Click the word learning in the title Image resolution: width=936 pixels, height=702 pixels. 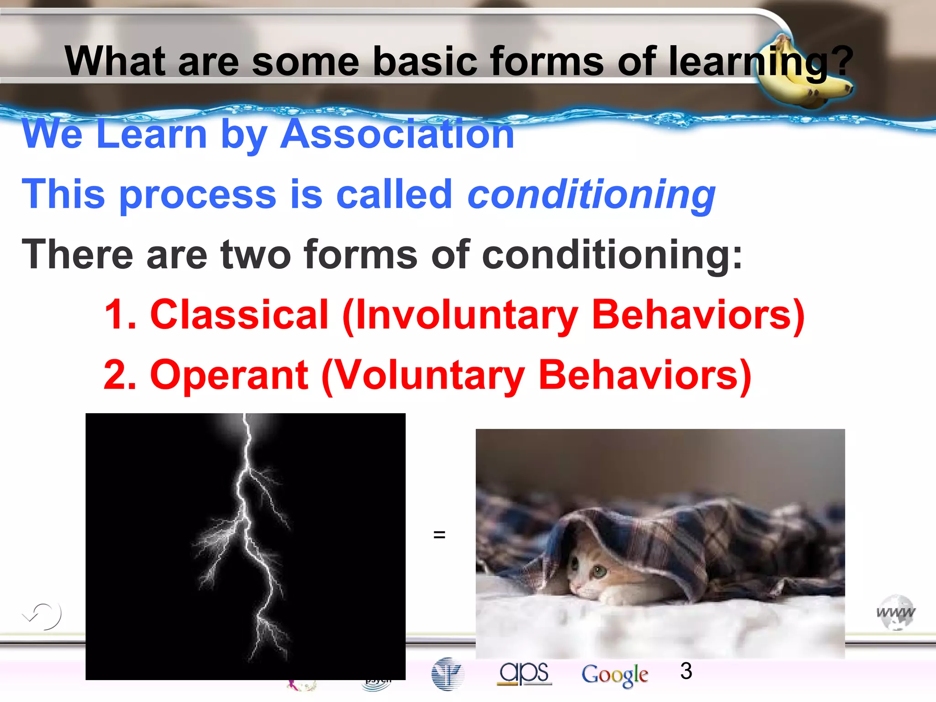pyautogui.click(x=747, y=62)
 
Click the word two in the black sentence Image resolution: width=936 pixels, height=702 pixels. pyautogui.click(x=255, y=255)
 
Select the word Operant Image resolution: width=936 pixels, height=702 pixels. pyautogui.click(x=229, y=375)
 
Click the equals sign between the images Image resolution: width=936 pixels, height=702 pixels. pyautogui.click(x=439, y=534)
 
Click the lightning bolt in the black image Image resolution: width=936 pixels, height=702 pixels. pyautogui.click(x=247, y=526)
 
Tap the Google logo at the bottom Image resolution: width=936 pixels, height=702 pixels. pyautogui.click(x=615, y=675)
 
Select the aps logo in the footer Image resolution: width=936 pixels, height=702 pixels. pyautogui.click(x=524, y=673)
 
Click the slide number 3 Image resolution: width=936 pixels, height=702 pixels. pyautogui.click(x=686, y=671)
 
